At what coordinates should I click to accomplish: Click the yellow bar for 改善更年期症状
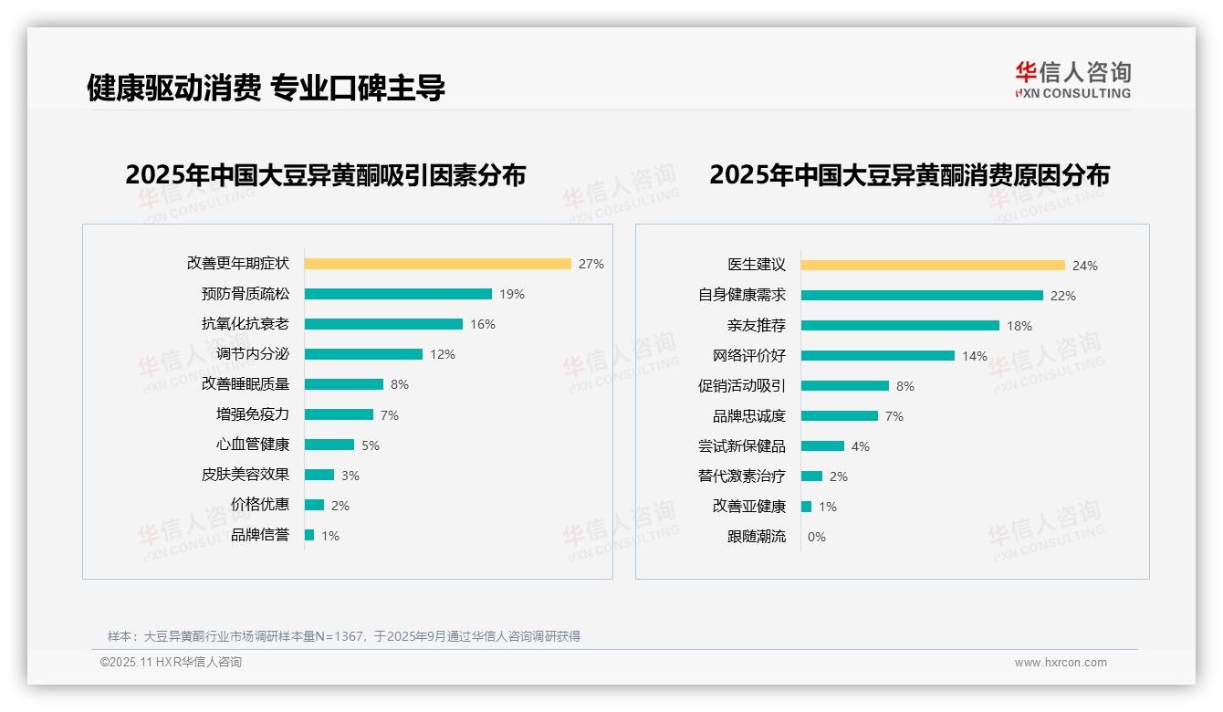437,264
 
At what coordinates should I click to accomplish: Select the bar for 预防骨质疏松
398,294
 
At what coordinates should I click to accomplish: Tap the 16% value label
483,324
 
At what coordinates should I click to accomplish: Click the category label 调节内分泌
252,354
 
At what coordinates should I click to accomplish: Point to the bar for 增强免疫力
339,414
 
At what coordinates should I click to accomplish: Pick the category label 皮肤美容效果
245,475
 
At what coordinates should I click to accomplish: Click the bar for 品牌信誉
309,535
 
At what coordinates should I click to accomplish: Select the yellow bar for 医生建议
933,266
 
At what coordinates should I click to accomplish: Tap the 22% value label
1063,296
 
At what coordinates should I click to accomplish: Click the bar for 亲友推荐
900,326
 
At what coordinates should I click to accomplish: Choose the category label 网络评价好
748,356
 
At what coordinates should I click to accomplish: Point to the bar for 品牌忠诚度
840,416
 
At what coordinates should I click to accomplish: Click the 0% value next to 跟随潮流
817,537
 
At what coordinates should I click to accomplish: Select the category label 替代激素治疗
741,476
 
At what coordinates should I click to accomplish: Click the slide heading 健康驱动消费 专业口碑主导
266,89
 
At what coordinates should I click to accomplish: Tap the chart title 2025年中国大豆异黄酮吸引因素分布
325,175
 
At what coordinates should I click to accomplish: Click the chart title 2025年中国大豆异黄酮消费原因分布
909,175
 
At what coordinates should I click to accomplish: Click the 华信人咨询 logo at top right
1072,79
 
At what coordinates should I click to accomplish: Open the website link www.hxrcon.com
1061,663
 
